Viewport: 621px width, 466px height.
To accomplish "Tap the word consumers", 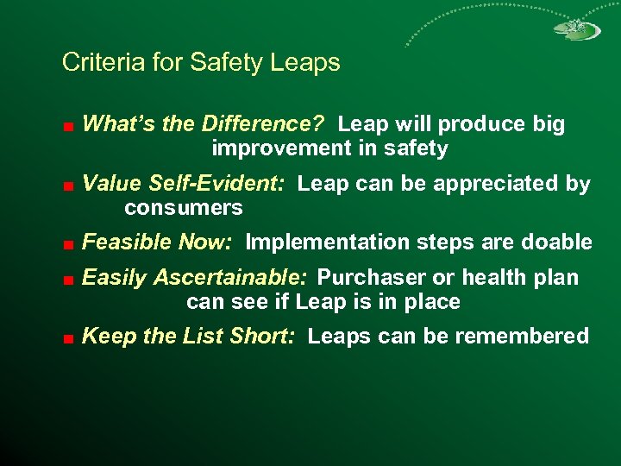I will (184, 208).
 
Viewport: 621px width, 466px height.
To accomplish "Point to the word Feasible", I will (127, 242).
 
